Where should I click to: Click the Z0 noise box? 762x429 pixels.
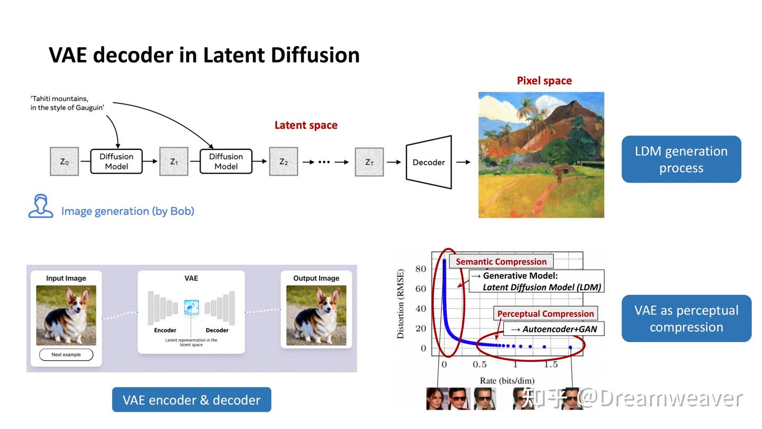tap(64, 162)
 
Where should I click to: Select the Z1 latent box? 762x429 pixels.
tap(174, 162)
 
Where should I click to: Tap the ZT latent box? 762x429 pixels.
tap(369, 162)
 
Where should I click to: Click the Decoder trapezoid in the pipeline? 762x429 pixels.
tap(429, 162)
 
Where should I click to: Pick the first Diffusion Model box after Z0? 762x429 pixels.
tap(116, 162)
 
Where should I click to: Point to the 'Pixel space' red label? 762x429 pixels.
tap(544, 81)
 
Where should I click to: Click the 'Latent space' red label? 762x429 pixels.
tap(305, 125)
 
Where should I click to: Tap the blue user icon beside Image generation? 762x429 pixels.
tap(41, 206)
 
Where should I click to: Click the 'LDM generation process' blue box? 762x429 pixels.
tap(681, 159)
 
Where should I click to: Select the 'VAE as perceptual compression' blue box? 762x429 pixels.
tap(686, 318)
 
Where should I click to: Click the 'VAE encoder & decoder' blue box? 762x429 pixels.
tap(192, 399)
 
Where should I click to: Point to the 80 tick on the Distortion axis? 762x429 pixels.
tap(420, 269)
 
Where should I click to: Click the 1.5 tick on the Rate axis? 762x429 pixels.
tap(551, 364)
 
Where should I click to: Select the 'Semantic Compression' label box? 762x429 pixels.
tap(501, 262)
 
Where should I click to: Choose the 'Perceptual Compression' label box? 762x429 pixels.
tap(545, 314)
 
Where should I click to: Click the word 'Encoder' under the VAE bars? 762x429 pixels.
tap(165, 330)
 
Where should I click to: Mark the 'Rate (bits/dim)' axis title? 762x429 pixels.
tap(506, 380)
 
